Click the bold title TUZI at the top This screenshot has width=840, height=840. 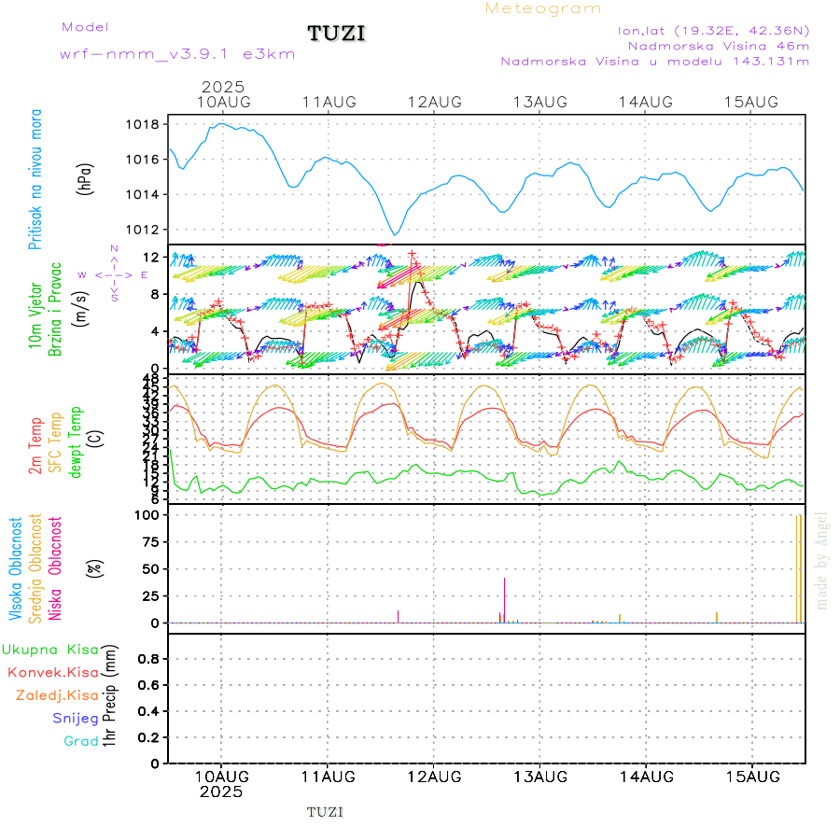click(x=337, y=35)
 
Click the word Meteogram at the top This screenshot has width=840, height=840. click(x=543, y=8)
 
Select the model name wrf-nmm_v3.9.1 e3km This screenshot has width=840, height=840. click(x=177, y=54)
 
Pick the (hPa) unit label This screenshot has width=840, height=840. click(x=85, y=177)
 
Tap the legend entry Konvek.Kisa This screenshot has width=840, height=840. click(x=52, y=672)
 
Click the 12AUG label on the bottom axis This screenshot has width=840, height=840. click(x=434, y=777)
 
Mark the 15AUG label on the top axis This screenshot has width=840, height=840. click(x=751, y=102)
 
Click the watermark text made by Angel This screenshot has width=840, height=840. click(x=822, y=559)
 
